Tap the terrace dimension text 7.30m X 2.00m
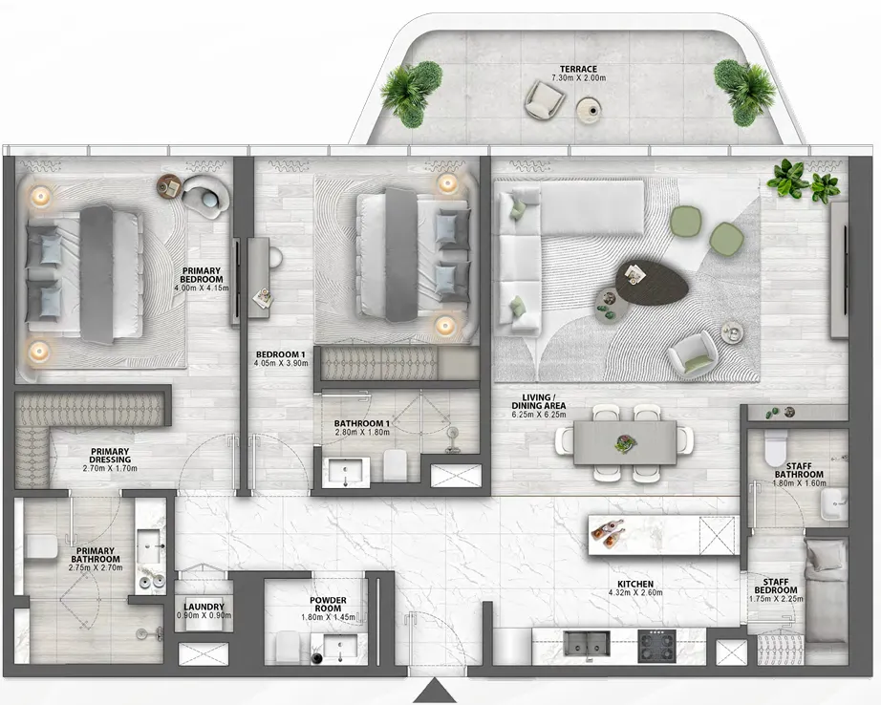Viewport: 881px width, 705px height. point(580,79)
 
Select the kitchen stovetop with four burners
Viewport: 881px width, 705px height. point(656,647)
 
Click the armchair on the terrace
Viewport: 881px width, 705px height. point(546,98)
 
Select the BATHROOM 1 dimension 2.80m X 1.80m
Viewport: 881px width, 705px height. point(361,433)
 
